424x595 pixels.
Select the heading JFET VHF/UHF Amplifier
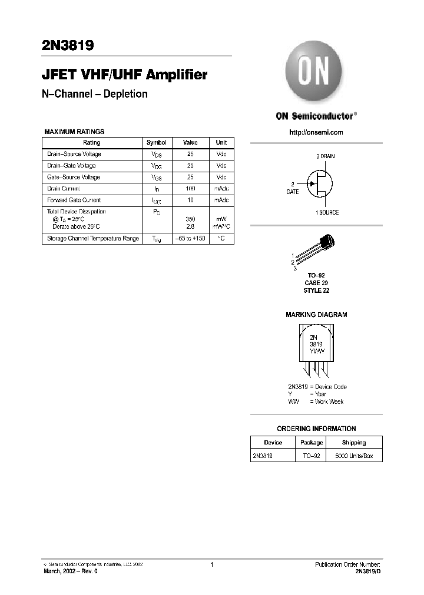[124, 75]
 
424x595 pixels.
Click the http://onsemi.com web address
[316, 132]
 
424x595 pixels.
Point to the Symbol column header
[156, 142]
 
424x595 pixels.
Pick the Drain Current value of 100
[190, 188]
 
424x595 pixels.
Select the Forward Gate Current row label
[74, 200]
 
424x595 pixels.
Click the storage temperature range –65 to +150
[190, 239]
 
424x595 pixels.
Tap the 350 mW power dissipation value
[190, 219]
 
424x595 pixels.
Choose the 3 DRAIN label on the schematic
[325, 156]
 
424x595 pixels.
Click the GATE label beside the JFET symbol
[293, 192]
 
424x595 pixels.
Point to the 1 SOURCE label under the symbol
[324, 212]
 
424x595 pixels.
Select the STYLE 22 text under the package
[316, 291]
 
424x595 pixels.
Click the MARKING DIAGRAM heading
[316, 315]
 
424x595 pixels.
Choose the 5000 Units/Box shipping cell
[354, 456]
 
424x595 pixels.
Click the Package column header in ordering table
[311, 442]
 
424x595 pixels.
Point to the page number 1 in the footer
[211, 565]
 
